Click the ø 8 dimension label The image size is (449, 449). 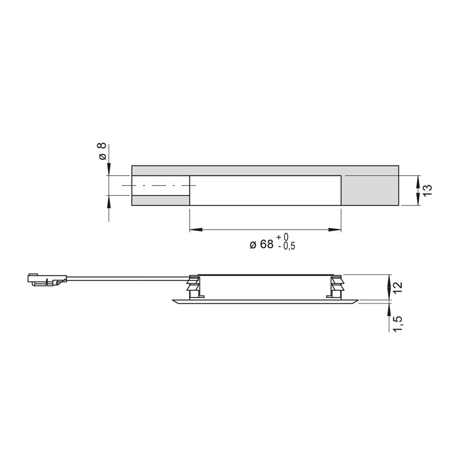(102, 151)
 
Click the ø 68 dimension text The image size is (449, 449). (262, 245)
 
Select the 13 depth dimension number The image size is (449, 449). (427, 190)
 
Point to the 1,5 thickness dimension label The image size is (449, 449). (398, 324)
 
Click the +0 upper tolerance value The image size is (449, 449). (282, 237)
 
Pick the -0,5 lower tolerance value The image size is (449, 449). (286, 246)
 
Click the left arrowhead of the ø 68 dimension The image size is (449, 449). (196, 229)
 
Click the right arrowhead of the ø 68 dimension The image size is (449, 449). (335, 229)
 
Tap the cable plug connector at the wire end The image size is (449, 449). (47, 279)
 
